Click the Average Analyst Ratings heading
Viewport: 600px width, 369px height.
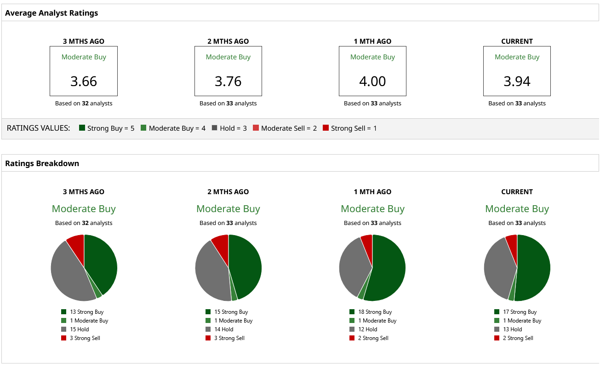point(51,13)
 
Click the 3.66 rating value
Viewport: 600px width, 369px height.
point(84,81)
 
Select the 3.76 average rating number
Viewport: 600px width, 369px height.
point(228,81)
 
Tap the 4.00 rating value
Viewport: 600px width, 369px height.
point(372,81)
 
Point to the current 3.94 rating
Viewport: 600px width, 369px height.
point(517,81)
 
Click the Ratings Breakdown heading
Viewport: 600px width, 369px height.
point(42,163)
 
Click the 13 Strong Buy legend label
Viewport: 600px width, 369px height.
point(86,312)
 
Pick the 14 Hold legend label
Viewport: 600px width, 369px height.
point(223,329)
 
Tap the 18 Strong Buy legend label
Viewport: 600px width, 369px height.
point(375,312)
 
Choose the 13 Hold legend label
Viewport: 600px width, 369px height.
point(513,329)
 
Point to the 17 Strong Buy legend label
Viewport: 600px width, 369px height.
point(520,312)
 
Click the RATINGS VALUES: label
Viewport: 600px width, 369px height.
point(38,128)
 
